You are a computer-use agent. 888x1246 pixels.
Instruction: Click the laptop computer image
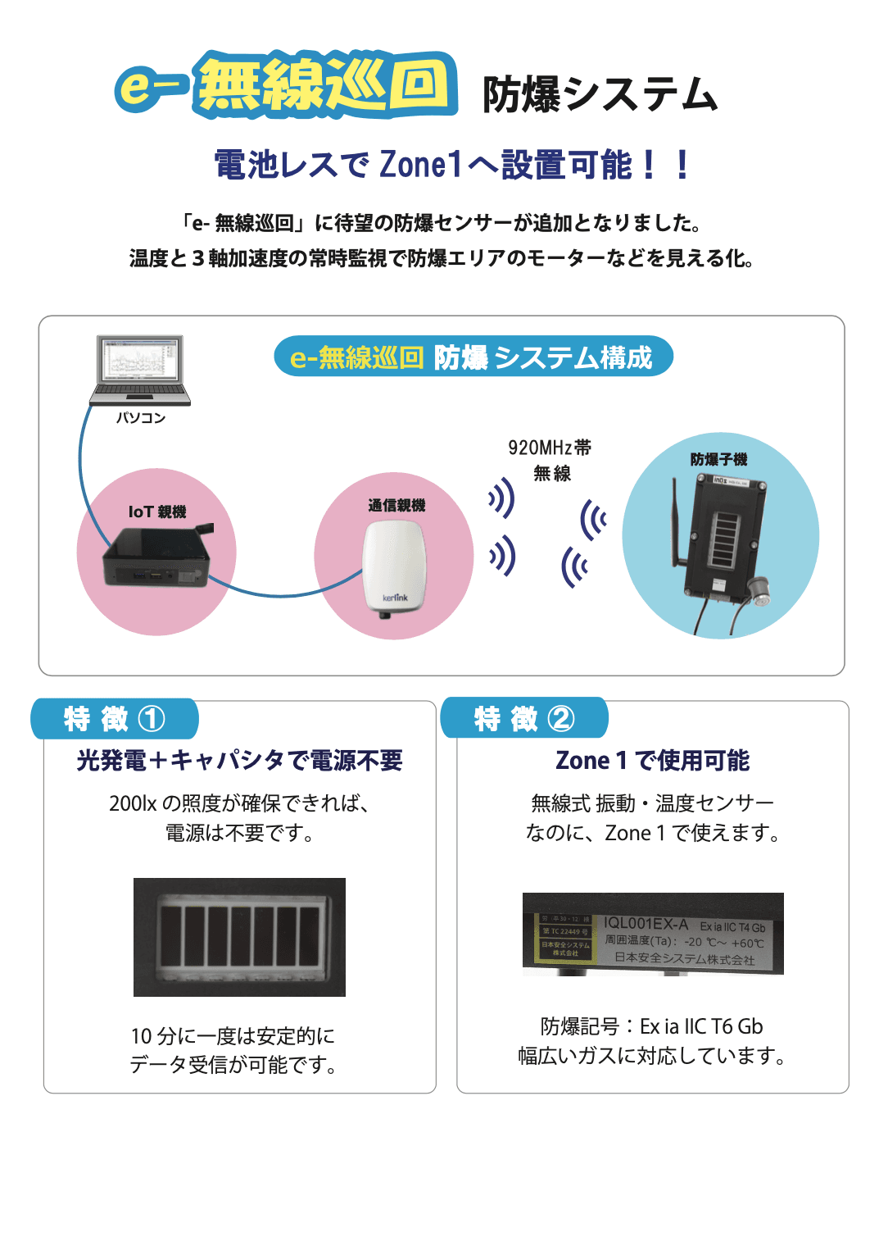pyautogui.click(x=139, y=370)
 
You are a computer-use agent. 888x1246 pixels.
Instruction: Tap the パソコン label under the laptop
pyautogui.click(x=141, y=418)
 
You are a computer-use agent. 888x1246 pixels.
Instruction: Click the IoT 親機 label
pyautogui.click(x=157, y=512)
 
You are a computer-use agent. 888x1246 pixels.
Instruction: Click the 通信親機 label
pyautogui.click(x=396, y=505)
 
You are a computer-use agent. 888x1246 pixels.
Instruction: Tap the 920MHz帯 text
pyautogui.click(x=550, y=448)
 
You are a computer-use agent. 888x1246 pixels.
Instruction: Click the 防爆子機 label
pyautogui.click(x=718, y=459)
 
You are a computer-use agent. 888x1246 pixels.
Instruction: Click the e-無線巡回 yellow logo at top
pyautogui.click(x=287, y=84)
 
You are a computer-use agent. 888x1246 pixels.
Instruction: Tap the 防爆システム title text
pyautogui.click(x=600, y=94)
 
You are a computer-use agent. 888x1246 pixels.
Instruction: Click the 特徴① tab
pyautogui.click(x=115, y=719)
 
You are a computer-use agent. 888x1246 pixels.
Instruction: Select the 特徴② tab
pyautogui.click(x=524, y=719)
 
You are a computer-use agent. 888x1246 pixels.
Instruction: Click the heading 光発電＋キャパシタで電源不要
pyautogui.click(x=239, y=761)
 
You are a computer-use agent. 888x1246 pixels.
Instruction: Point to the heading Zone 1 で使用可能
pyautogui.click(x=652, y=761)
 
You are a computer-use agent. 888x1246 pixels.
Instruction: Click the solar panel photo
pyautogui.click(x=239, y=937)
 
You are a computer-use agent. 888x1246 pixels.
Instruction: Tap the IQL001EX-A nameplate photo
pyautogui.click(x=653, y=934)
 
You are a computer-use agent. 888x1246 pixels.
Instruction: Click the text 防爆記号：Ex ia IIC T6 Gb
pyautogui.click(x=652, y=1026)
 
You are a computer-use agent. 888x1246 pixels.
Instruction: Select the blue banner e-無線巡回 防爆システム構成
pyautogui.click(x=473, y=357)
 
